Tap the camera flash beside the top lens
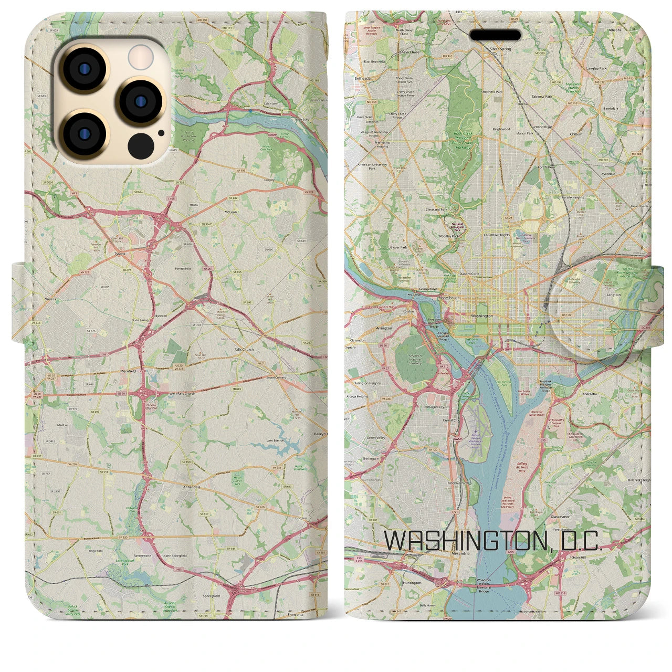(140, 56)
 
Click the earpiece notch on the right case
(495, 35)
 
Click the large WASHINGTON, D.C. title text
(493, 541)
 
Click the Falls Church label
(244, 349)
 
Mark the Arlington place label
(384, 328)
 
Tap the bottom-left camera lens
(85, 133)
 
